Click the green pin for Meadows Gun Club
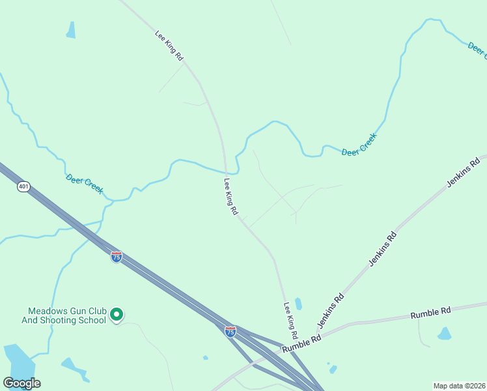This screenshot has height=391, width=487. point(117,315)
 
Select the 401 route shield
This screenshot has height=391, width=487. point(24,187)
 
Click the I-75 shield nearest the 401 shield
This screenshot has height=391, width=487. point(116,257)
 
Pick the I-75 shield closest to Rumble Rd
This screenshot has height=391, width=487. point(230,331)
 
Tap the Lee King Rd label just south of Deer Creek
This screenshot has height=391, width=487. point(231,197)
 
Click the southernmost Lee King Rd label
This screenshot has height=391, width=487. point(290,319)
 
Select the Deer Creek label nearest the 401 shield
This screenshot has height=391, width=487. point(85,183)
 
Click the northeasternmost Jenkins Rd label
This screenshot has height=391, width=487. point(462,172)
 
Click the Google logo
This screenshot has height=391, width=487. point(21,383)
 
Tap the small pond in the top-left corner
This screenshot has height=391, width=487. point(71,29)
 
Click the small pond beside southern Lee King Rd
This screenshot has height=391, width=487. point(298,304)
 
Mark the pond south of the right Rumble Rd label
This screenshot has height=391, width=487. point(445,334)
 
